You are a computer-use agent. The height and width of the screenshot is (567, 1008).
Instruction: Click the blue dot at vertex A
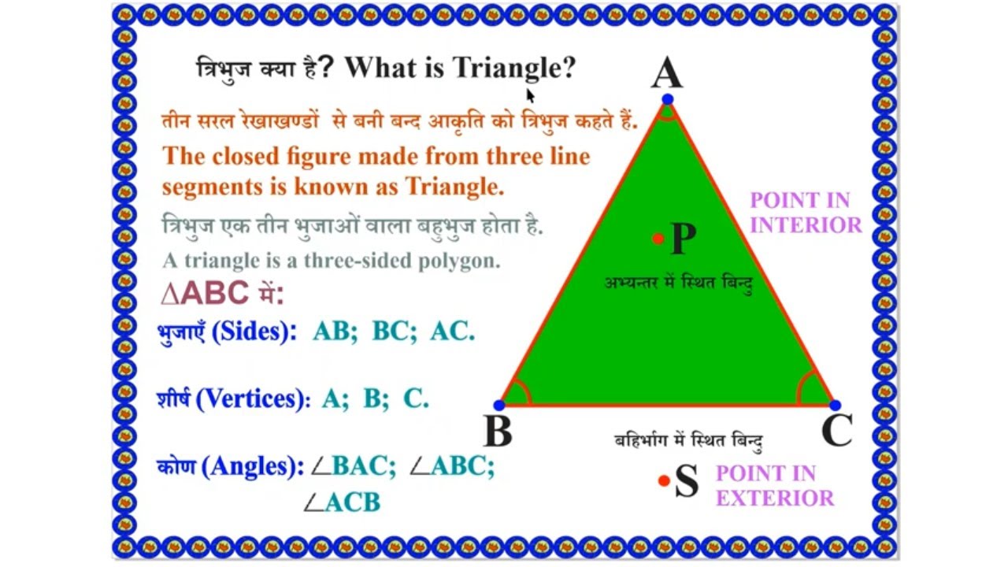(x=668, y=99)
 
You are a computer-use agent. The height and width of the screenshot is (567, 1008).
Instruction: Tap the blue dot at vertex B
(x=498, y=406)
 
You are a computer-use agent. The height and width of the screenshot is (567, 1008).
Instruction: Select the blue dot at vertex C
(x=835, y=406)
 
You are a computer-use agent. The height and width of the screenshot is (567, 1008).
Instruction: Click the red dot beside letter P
(x=658, y=239)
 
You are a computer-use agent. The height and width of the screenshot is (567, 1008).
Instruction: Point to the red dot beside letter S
(x=664, y=480)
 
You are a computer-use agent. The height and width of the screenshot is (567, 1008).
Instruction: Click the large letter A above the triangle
(x=666, y=74)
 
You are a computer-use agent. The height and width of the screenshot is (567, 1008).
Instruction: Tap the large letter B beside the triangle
(x=498, y=432)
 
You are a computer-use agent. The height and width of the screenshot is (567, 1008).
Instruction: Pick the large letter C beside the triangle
(x=836, y=431)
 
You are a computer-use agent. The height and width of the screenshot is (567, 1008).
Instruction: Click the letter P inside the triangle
(x=683, y=239)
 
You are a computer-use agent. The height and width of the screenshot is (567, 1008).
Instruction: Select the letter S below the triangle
(x=687, y=481)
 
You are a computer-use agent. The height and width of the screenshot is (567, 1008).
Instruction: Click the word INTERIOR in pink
(x=806, y=225)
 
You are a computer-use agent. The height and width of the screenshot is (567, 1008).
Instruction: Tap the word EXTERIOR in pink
(x=775, y=498)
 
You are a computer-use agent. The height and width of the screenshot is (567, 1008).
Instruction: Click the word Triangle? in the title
(x=514, y=69)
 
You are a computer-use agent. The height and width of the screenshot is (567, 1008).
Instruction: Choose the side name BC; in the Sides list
(x=394, y=332)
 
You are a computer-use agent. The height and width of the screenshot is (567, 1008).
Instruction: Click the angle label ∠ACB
(x=343, y=502)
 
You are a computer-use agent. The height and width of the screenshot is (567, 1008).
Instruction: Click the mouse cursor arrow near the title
(x=530, y=95)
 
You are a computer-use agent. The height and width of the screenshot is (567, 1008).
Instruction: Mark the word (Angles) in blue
(x=253, y=467)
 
